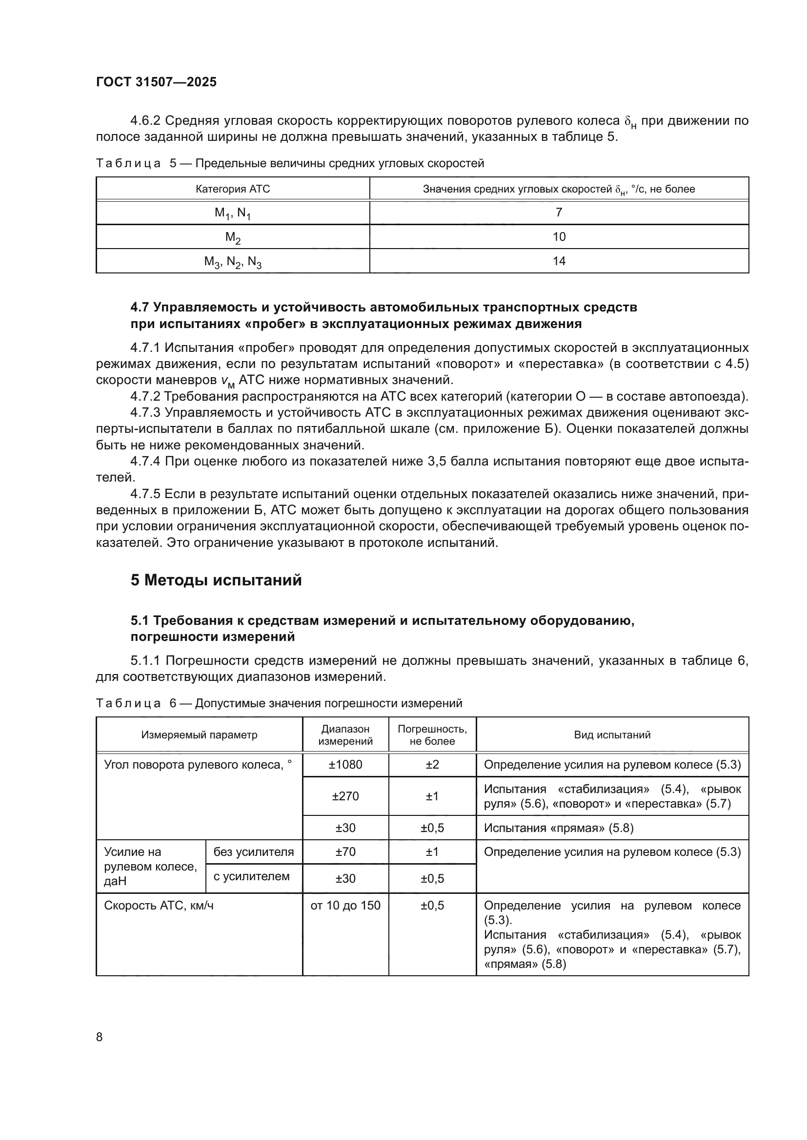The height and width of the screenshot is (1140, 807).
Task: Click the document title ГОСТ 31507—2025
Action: pyautogui.click(x=156, y=82)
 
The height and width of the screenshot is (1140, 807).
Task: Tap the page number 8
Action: pyautogui.click(x=100, y=1036)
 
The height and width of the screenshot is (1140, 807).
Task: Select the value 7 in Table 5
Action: pyautogui.click(x=559, y=213)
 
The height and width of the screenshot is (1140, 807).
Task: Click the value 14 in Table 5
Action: pyautogui.click(x=559, y=261)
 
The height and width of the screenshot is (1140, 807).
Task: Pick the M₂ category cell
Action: pyautogui.click(x=233, y=237)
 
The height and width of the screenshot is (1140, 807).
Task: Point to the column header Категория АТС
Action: pyautogui.click(x=233, y=189)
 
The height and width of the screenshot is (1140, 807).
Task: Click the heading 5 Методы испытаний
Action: pyautogui.click(x=216, y=580)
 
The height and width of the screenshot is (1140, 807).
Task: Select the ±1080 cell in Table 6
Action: pyautogui.click(x=345, y=764)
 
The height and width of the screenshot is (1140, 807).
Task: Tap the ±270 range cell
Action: pyautogui.click(x=345, y=796)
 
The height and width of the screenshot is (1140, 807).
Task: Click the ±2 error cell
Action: pyautogui.click(x=432, y=764)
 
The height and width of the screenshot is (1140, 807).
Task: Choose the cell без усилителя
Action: pyautogui.click(x=253, y=851)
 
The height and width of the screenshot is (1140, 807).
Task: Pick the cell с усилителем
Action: pyautogui.click(x=251, y=876)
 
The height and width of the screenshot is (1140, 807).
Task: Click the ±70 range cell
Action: pyautogui.click(x=345, y=851)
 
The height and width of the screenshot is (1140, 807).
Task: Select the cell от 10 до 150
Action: pyautogui.click(x=345, y=905)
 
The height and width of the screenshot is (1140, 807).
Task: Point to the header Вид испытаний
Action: pyautogui.click(x=612, y=735)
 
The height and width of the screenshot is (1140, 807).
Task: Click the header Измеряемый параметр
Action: pyautogui.click(x=199, y=735)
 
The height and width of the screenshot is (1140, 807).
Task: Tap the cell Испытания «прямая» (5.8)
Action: pyautogui.click(x=559, y=828)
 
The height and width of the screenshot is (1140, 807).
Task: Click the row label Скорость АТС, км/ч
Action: pyautogui.click(x=159, y=905)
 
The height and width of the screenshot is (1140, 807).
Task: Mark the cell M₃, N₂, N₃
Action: pyautogui.click(x=233, y=262)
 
